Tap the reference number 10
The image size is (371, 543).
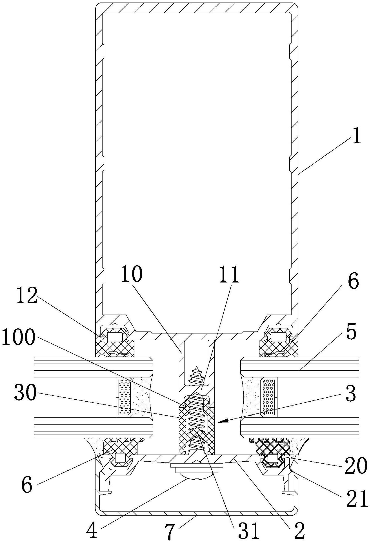(132, 274)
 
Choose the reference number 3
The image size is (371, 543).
(350, 393)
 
